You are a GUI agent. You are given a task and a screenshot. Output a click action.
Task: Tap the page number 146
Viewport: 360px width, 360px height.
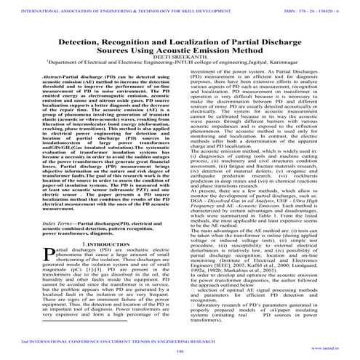[x=179, y=351]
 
